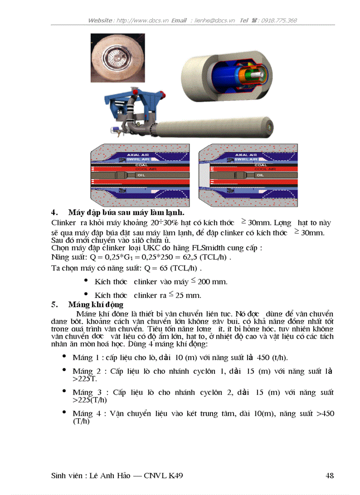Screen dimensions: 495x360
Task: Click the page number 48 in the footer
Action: [329, 476]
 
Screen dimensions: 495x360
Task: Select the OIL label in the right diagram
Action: [260, 175]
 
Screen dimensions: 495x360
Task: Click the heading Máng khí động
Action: [96, 305]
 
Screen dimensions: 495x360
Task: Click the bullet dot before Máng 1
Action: [64, 356]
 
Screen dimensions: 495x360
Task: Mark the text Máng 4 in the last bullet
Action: [83, 413]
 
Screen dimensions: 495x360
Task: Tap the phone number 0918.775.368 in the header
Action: [279, 20]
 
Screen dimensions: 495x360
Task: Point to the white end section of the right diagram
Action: [205, 175]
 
